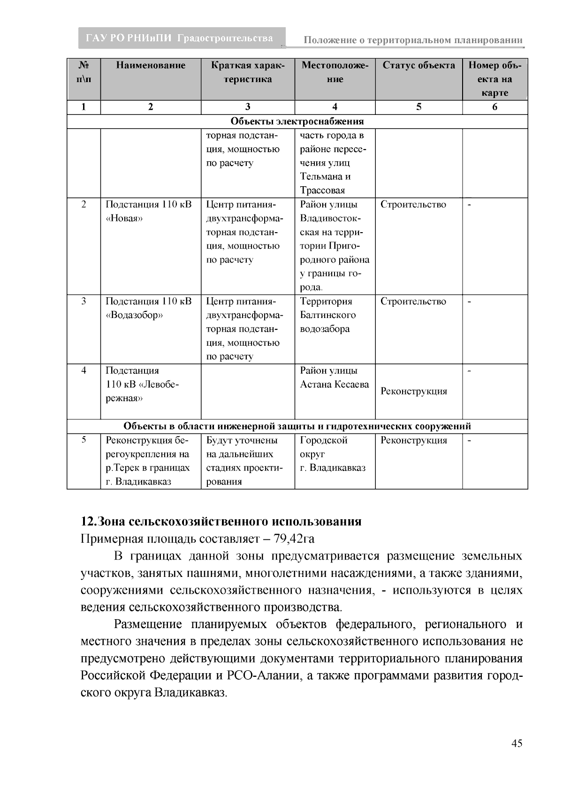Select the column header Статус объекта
click(418, 66)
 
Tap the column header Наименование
click(151, 66)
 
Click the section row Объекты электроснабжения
click(297, 122)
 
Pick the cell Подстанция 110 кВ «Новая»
click(149, 212)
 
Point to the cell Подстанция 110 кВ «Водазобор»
click(149, 308)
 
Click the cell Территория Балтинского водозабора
click(328, 315)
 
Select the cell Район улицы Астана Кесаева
click(334, 378)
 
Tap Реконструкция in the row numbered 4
click(414, 392)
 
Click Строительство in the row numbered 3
click(413, 302)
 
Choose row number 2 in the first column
click(84, 205)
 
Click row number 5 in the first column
click(84, 440)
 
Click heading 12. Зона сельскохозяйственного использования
click(221, 522)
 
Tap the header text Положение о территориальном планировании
click(413, 40)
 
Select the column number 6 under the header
click(495, 107)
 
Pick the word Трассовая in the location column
click(322, 190)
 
